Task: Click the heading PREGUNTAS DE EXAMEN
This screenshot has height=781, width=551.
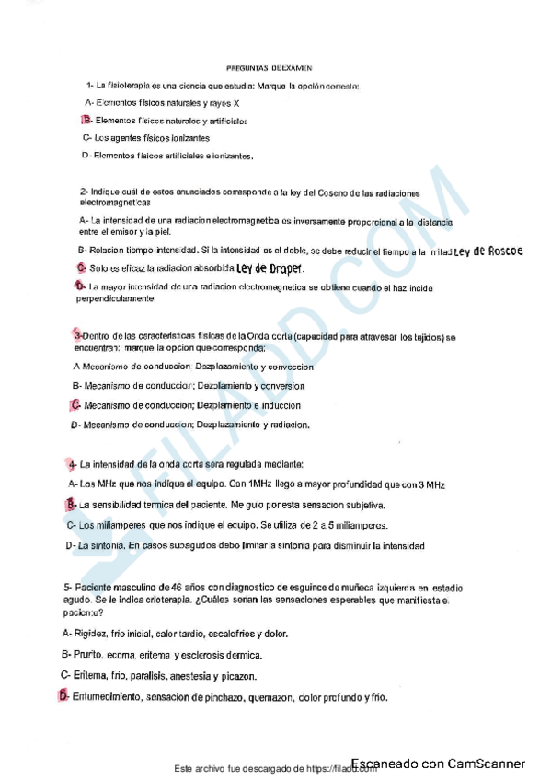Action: pos(270,68)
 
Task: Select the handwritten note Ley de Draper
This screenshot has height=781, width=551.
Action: pos(270,268)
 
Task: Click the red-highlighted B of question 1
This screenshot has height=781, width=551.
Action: pos(86,121)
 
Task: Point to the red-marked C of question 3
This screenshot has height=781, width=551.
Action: pos(75,404)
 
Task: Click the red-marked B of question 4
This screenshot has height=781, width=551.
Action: pos(71,505)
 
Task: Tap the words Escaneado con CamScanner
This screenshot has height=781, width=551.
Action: pos(437,764)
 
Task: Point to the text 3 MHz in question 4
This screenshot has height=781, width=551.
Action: pos(430,484)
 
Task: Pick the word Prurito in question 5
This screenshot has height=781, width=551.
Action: pos(91,655)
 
